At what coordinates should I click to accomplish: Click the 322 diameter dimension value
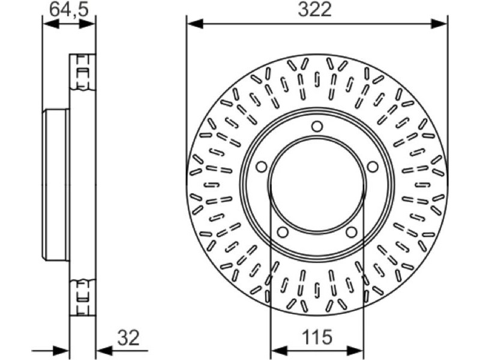coord(314,10)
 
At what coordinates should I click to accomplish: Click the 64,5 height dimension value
coord(69,10)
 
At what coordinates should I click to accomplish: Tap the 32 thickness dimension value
coord(128,338)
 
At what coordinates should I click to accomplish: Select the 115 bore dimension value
coord(317,337)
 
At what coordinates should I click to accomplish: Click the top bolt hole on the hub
coord(317,126)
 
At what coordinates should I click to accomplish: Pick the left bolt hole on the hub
coord(262,167)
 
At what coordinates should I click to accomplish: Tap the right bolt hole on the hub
coord(373,167)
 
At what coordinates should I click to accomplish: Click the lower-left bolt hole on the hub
coord(283,232)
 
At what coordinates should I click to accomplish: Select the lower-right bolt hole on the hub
coord(352,232)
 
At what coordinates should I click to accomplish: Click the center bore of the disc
coord(317,184)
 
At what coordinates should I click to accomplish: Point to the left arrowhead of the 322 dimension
coord(194,23)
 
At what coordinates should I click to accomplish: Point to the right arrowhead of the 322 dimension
coord(439,23)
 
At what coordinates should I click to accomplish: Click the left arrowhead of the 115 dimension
coord(279,350)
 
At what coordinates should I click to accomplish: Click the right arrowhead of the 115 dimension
coord(355,350)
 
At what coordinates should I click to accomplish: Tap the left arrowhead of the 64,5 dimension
coord(51,24)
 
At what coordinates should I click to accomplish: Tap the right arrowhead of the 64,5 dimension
coord(87,24)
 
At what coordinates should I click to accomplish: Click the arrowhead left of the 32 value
coord(104,350)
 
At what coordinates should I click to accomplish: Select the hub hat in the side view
coord(56,185)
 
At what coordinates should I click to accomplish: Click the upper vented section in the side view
coord(83,72)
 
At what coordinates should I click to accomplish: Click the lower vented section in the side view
coord(83,297)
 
